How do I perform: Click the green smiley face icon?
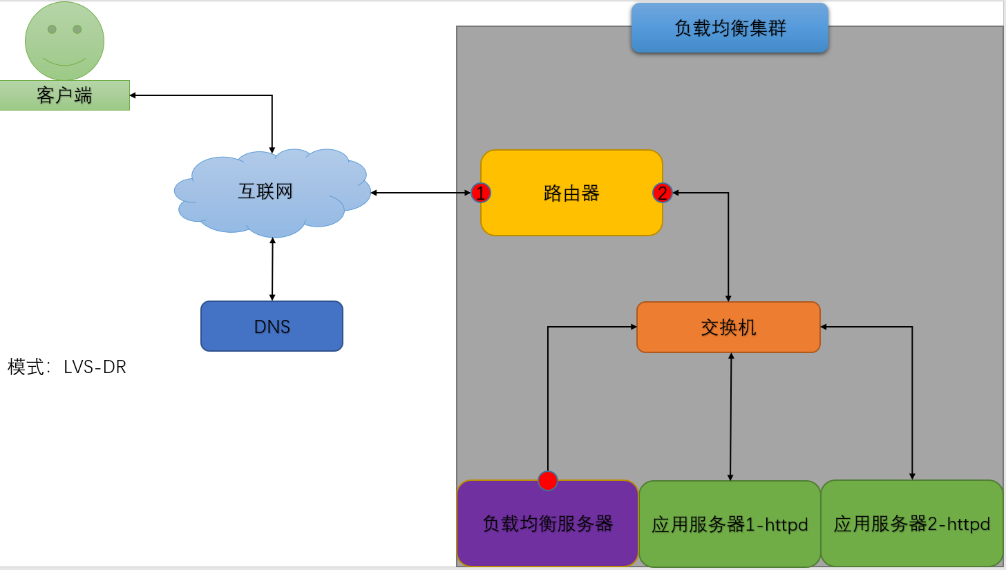(64, 40)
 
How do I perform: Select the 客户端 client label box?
(64, 95)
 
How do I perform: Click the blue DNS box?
(272, 326)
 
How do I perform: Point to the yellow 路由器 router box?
(571, 193)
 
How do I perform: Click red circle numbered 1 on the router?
(481, 193)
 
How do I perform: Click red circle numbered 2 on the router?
(663, 193)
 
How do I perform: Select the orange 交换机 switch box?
(728, 327)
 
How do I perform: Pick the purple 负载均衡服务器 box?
(547, 524)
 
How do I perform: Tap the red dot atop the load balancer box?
(548, 480)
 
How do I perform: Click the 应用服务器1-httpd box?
(730, 524)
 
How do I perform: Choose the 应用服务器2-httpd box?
(911, 524)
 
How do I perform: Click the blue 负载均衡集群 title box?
(730, 28)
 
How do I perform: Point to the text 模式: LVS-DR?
(67, 367)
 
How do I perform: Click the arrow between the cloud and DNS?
(272, 269)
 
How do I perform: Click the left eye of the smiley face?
(52, 29)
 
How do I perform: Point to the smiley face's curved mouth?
(64, 61)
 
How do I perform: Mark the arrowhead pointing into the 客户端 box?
(133, 95)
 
